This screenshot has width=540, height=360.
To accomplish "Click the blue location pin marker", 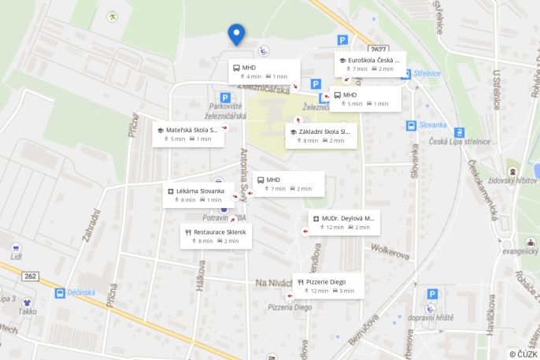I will (236, 34).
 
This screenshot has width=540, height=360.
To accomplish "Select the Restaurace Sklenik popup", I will (216, 236).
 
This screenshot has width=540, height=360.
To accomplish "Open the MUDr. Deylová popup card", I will (344, 222).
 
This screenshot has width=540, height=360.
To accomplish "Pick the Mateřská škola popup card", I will (189, 134).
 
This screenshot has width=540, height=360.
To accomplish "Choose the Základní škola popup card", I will (320, 135).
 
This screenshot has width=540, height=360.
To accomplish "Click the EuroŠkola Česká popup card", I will (370, 64).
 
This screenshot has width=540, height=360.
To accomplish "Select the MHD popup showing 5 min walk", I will (365, 98).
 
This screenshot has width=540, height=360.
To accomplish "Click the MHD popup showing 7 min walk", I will (289, 184).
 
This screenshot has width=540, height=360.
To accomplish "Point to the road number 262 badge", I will (31, 276).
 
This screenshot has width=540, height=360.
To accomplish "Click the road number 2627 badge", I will (379, 49).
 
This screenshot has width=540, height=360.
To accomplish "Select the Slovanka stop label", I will (432, 124).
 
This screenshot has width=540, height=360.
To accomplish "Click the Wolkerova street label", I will (390, 254).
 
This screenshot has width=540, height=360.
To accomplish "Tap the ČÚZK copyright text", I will (523, 354).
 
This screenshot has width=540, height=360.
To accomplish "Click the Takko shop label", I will (28, 311).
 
